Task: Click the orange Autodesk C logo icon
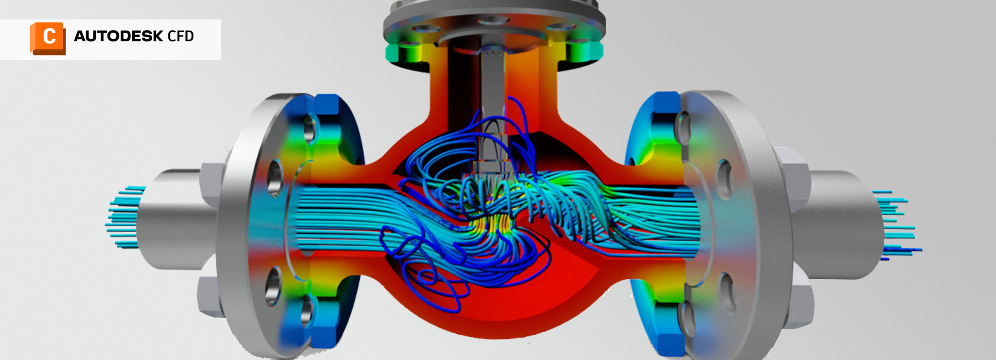[x=48, y=38]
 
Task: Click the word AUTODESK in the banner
[x=118, y=36]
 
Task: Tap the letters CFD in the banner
[x=180, y=36]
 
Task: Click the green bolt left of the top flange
[x=403, y=53]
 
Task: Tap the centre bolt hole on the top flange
[x=491, y=20]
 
